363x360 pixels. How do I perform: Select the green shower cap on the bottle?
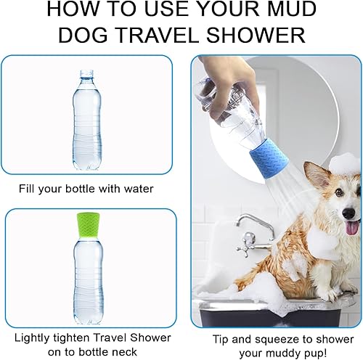[x=87, y=224]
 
